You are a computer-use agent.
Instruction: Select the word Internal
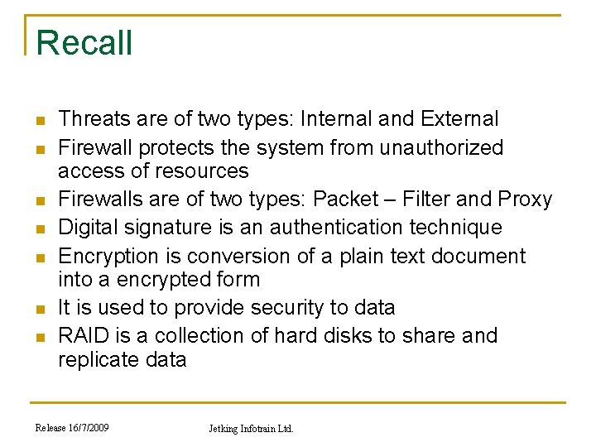click(336, 119)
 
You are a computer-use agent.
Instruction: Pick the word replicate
click(99, 360)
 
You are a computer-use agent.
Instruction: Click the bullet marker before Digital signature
click(38, 228)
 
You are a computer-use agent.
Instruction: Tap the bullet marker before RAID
click(38, 337)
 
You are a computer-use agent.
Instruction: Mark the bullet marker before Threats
click(38, 120)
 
